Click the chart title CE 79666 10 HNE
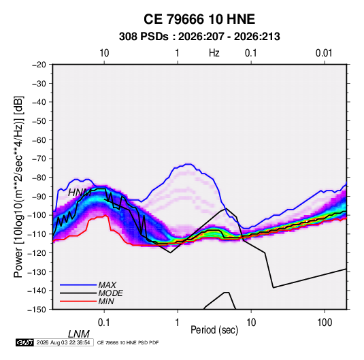coord(199,19)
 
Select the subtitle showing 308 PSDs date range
coord(199,37)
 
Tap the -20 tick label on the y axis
coord(39,65)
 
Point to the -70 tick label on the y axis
coord(39,159)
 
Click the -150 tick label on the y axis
coord(37,310)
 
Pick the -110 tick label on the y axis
coord(37,234)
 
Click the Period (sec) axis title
coord(214,330)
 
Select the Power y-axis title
coord(18,187)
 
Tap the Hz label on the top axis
coord(214,53)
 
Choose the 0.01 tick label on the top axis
coord(324,53)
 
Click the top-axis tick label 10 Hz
coord(104,53)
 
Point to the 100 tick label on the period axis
coord(325,323)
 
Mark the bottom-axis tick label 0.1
coord(104,323)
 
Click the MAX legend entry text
coord(107,285)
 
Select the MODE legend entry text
coord(110,293)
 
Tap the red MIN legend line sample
coord(78,301)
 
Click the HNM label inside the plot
coord(80,193)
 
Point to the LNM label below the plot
coord(79,334)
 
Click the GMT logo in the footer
coord(25,342)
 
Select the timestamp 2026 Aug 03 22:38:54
coord(63,342)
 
